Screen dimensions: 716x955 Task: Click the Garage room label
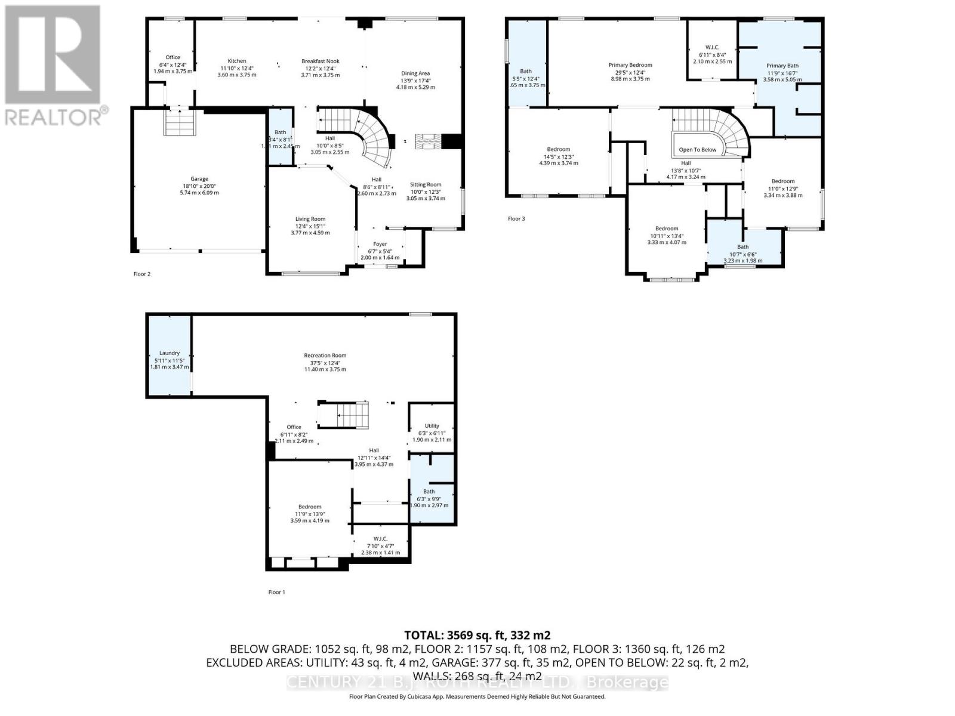coord(199,179)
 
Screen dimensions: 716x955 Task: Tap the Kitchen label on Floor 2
coord(237,61)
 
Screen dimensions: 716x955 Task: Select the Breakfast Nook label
coord(321,61)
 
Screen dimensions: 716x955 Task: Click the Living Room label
coord(310,219)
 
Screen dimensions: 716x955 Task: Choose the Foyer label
coord(380,244)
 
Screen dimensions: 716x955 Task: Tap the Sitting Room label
coord(426,184)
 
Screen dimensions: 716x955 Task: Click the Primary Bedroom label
coord(630,65)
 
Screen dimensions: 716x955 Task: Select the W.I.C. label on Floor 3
coord(712,47)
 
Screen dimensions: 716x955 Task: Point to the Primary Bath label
coord(783,66)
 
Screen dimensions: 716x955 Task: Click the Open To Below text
coord(697,150)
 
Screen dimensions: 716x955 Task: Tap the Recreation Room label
coord(325,356)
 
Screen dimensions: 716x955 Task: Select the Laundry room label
coord(170,353)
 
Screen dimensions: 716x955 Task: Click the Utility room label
coord(432,426)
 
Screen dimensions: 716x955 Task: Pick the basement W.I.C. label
coord(381,539)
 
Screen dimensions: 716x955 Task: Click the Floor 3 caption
coord(516,219)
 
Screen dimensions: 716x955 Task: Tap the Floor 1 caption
coord(276,592)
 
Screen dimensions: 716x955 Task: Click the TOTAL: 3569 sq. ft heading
coord(477,635)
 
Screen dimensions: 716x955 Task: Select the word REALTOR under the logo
coord(54,116)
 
